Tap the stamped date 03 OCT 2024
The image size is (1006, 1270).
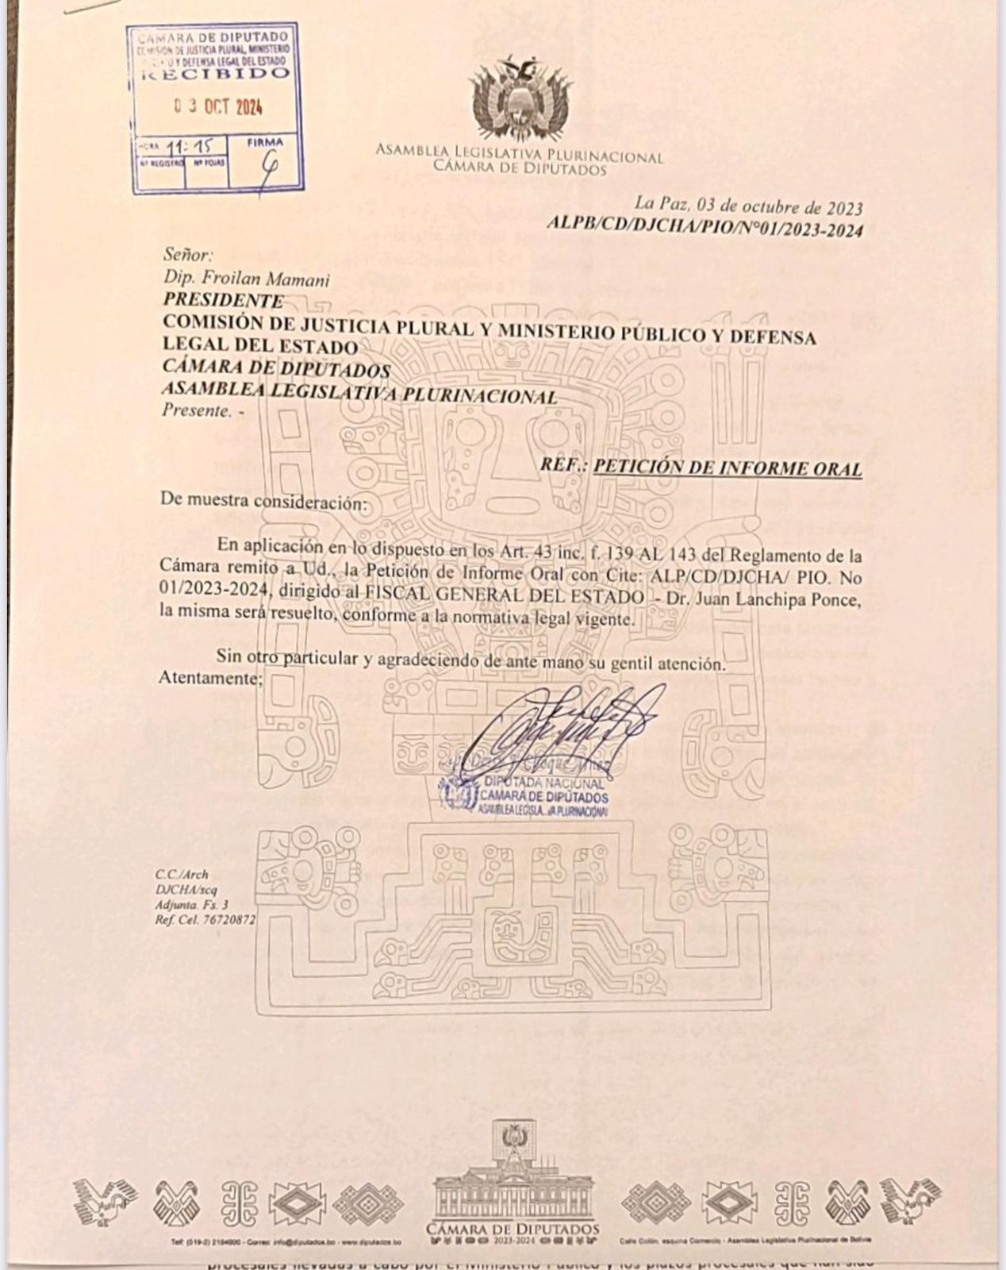point(218,107)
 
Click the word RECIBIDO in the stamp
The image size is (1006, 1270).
point(214,75)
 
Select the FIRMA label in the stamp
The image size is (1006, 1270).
point(264,143)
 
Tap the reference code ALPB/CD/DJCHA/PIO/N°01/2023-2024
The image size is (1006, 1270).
point(705,229)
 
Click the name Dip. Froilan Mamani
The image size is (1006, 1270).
point(246,279)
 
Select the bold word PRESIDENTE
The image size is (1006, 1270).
point(223,300)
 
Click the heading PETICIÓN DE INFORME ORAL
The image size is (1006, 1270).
point(728,468)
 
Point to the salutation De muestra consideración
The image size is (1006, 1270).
point(264,501)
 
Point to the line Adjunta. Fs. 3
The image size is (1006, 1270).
point(192,904)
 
